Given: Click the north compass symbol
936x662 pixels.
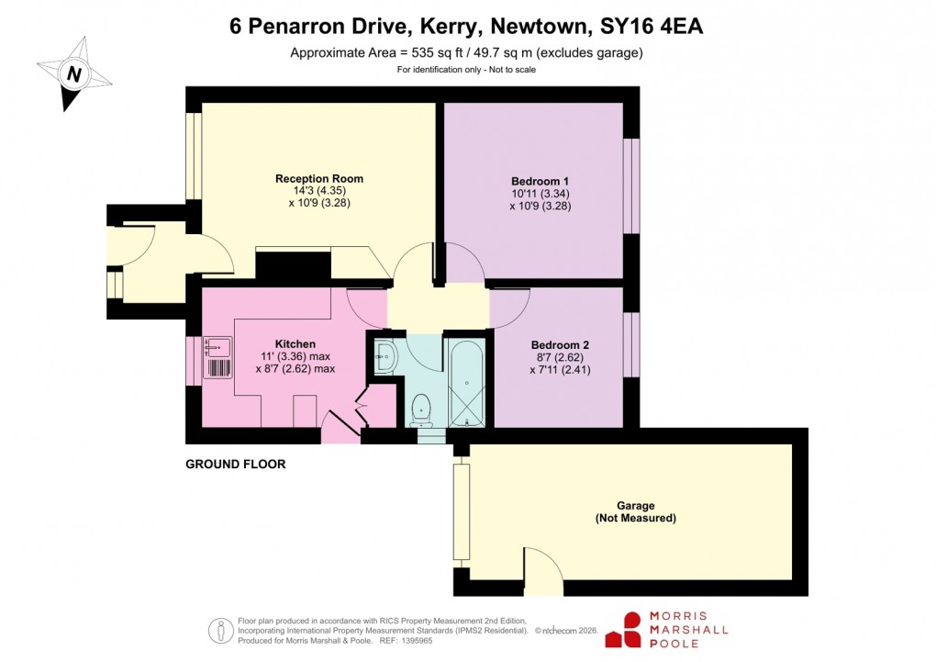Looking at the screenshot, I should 72,73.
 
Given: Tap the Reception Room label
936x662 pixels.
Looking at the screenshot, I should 319,179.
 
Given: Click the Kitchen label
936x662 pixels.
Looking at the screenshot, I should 295,344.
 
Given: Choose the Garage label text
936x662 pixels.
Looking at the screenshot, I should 635,506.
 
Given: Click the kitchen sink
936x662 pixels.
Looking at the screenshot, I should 217,347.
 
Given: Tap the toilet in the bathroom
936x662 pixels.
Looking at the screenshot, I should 422,410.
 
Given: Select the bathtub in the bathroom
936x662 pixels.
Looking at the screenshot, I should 467,381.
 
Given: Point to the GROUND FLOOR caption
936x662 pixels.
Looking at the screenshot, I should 236,465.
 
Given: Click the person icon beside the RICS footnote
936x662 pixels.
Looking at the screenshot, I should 220,631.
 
